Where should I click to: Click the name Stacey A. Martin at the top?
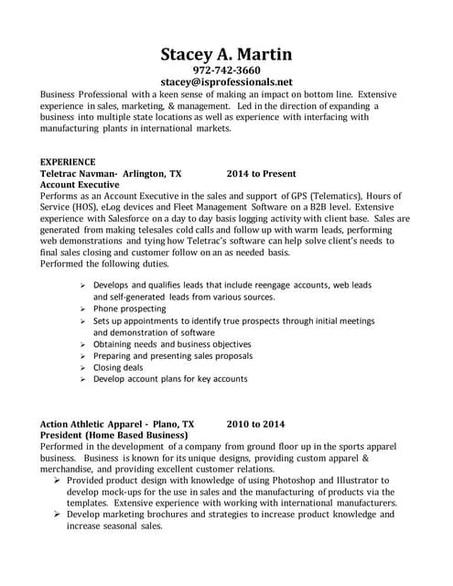(226, 54)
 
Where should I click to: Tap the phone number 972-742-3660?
(226, 71)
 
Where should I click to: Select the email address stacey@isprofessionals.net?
(226, 82)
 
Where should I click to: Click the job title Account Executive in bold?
(81, 184)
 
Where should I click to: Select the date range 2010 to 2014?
(256, 425)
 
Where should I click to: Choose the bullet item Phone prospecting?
(129, 309)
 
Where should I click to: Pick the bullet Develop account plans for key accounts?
(170, 379)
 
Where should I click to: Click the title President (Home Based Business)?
(114, 436)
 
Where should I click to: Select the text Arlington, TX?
(152, 173)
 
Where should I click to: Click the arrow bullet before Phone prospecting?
(84, 309)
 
